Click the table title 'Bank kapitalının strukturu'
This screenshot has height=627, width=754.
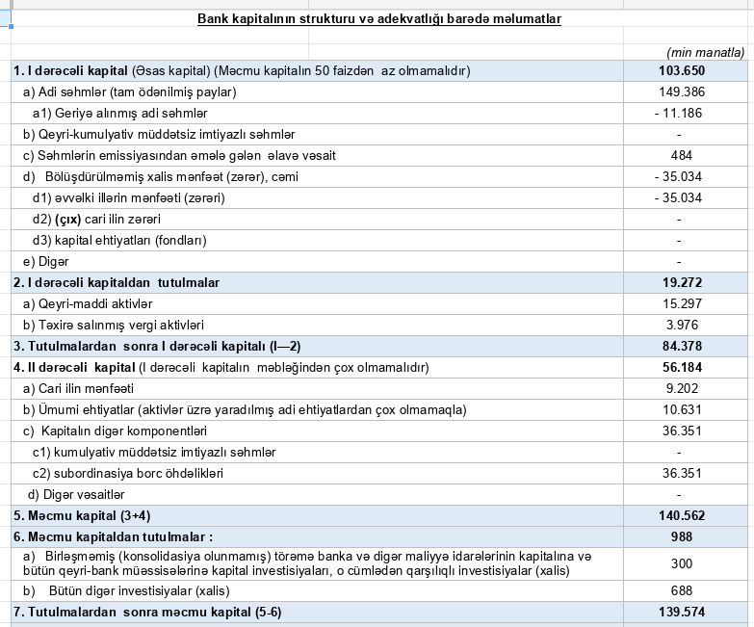(x=379, y=19)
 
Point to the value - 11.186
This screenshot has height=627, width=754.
(x=679, y=113)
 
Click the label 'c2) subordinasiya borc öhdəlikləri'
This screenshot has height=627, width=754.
(x=127, y=474)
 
